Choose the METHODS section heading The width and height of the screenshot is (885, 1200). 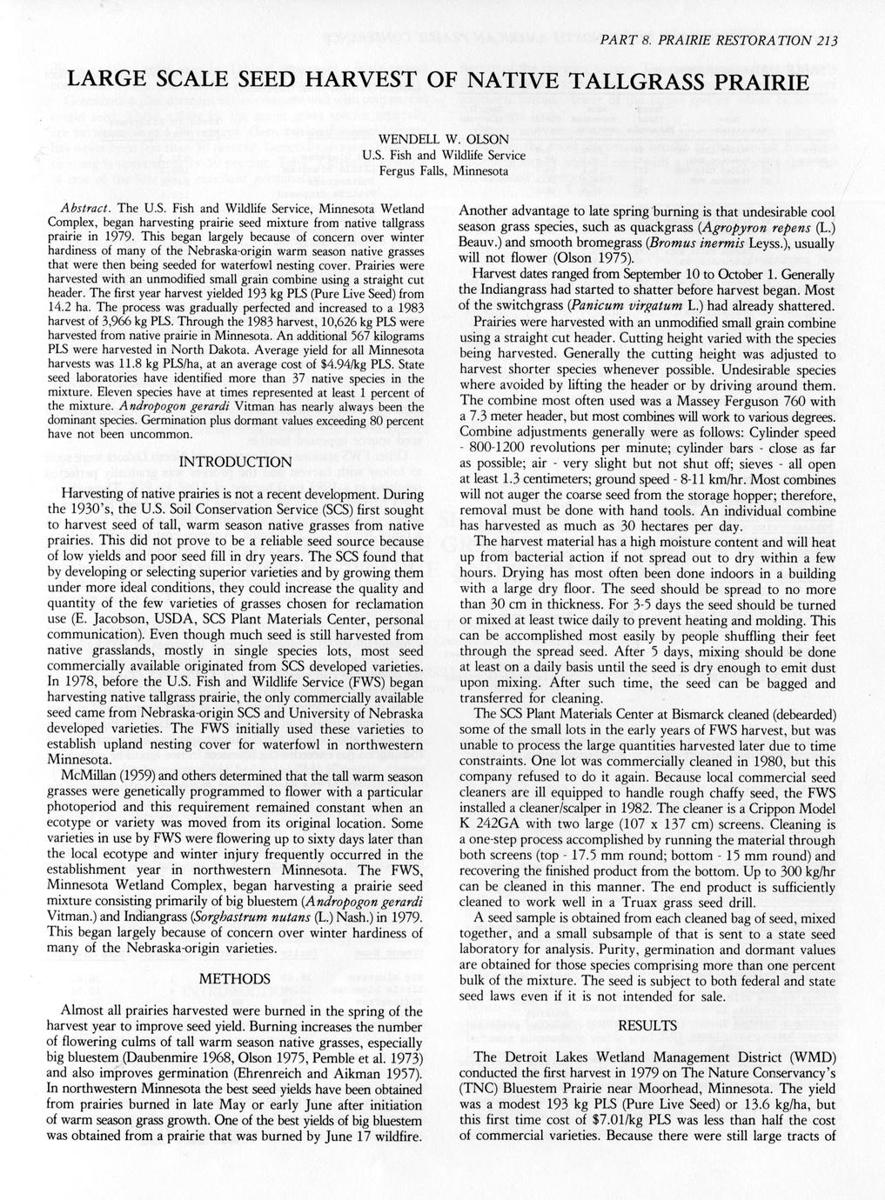234,979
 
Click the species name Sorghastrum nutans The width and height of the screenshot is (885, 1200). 284,919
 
